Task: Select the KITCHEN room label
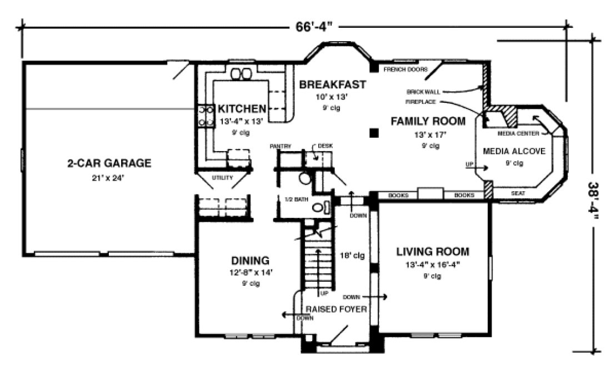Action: point(242,108)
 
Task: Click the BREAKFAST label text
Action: point(332,84)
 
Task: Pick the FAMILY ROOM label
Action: point(427,121)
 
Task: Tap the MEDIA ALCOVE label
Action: point(514,151)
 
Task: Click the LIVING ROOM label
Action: point(433,251)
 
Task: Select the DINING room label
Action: point(250,260)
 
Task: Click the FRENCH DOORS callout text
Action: point(405,70)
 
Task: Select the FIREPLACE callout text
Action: point(420,102)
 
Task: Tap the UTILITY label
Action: point(222,178)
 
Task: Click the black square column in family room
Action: point(375,132)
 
